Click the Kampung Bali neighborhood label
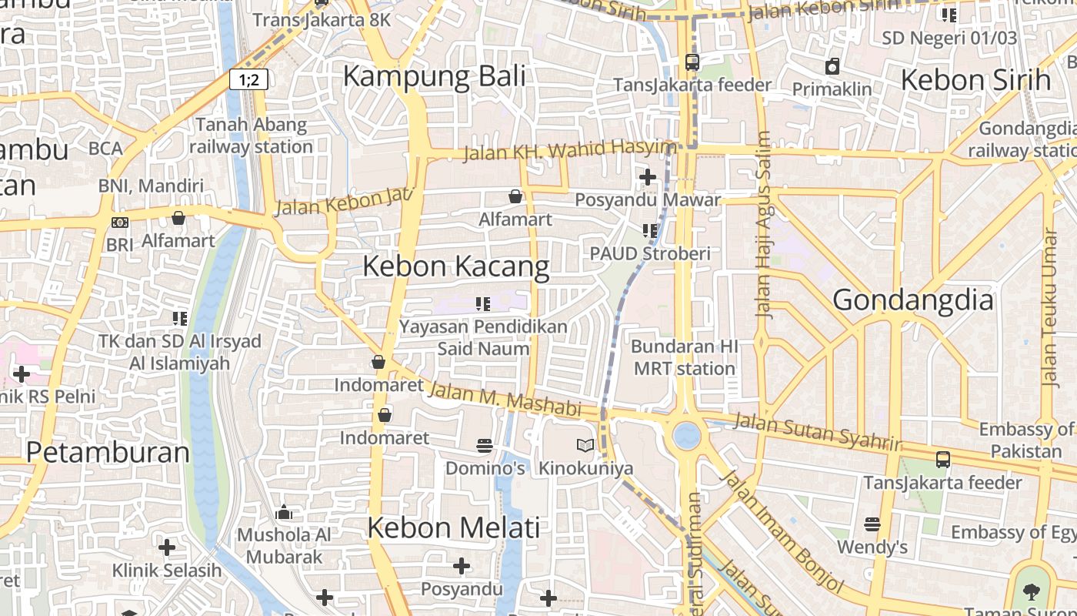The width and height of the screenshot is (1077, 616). coord(434,77)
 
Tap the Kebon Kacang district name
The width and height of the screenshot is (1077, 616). coord(455,266)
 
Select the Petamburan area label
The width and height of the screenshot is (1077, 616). coord(108,452)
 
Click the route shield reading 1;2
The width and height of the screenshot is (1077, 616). coord(248,79)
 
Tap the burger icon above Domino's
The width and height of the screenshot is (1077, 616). coord(485,445)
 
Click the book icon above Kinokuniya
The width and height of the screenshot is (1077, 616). coord(585,445)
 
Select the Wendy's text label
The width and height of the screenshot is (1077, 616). coord(872,547)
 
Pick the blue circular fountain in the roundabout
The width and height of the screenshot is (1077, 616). coord(686,436)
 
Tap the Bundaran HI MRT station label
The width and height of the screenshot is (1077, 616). coord(685,357)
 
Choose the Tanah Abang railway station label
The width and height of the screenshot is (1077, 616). coord(251,136)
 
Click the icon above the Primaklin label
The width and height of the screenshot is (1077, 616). coord(832,67)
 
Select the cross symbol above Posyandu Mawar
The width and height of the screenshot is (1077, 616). coord(648,178)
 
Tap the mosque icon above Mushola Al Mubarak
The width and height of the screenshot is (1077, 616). coord(284,513)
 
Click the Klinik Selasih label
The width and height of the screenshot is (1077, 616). coord(167,571)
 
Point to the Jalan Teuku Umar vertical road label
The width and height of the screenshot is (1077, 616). coord(1049,307)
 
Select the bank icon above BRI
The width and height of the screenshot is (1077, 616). coord(120,223)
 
